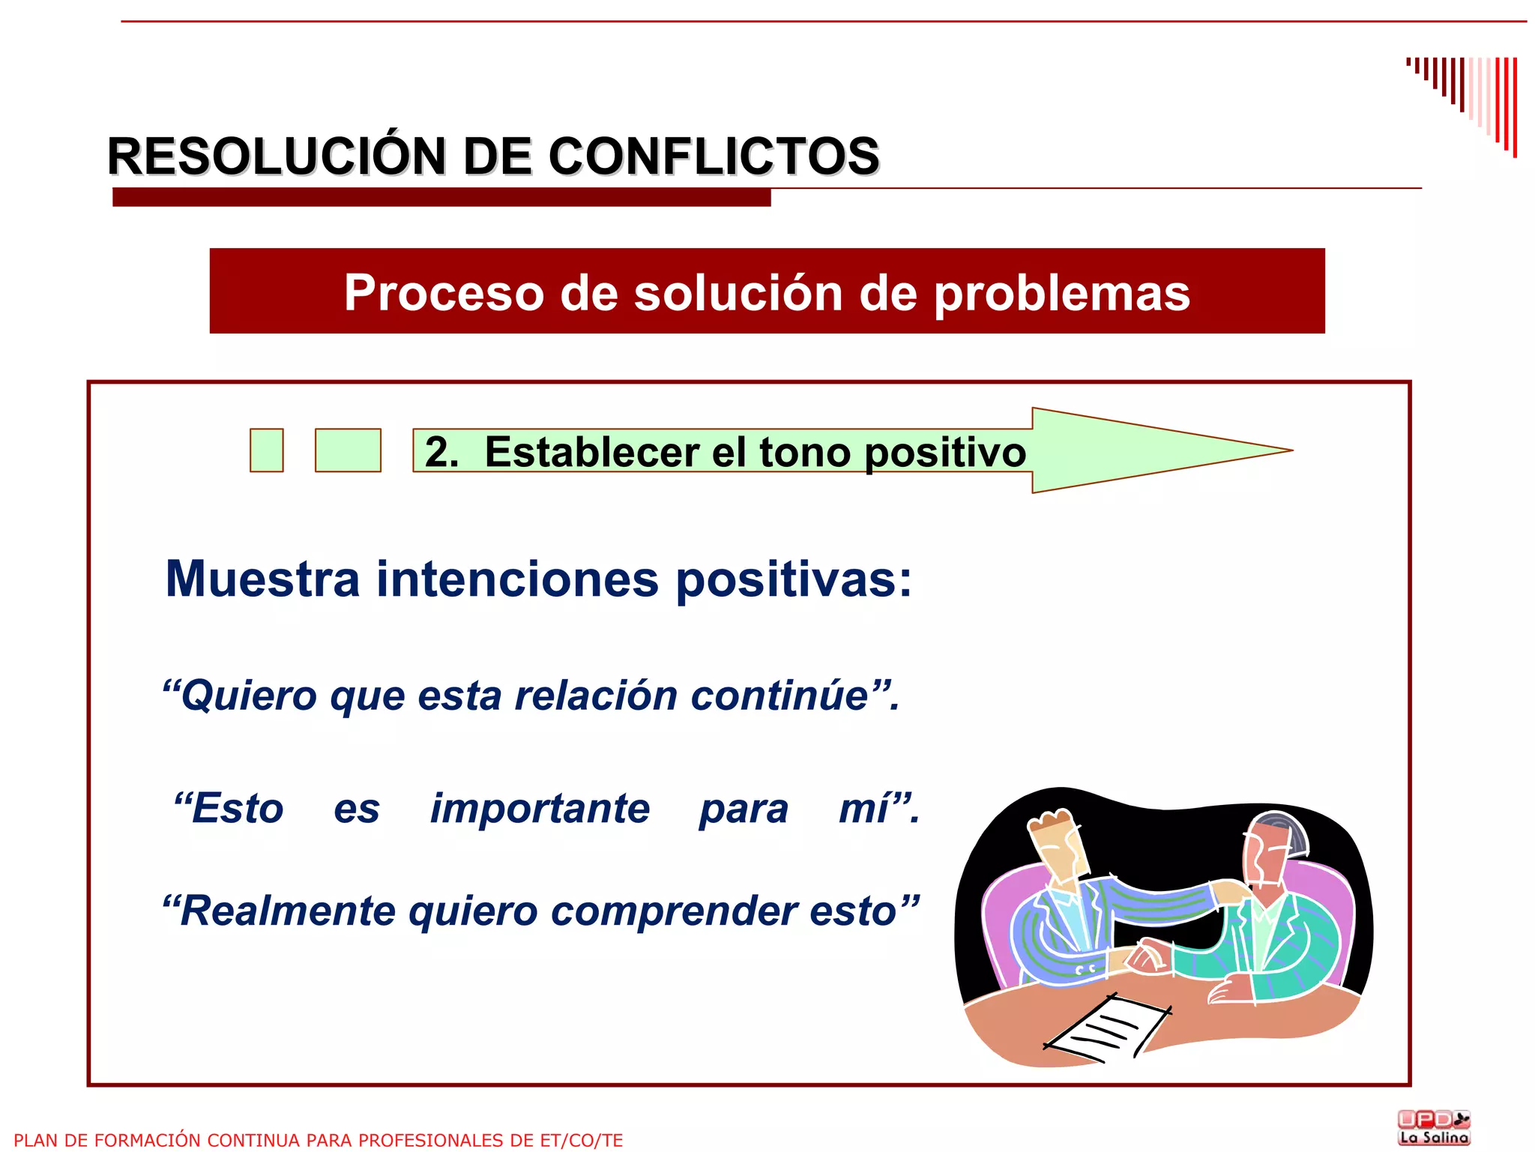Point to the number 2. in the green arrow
pyautogui.click(x=441, y=452)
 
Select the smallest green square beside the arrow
pyautogui.click(x=266, y=450)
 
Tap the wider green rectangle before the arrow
pyautogui.click(x=348, y=450)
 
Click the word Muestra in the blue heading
pyautogui.click(x=262, y=579)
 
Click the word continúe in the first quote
pyautogui.click(x=779, y=696)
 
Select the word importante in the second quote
pyautogui.click(x=540, y=809)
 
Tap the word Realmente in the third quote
pyautogui.click(x=288, y=911)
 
